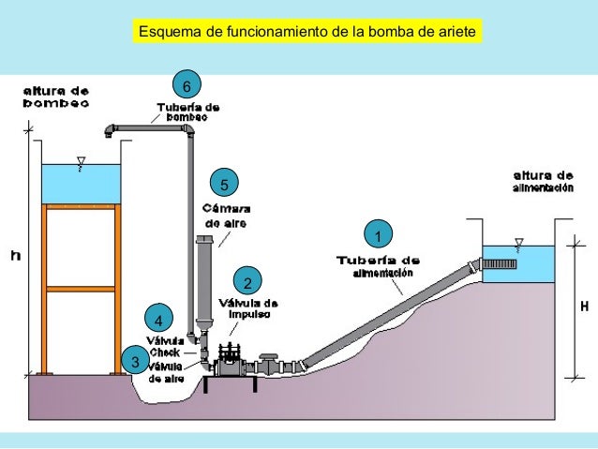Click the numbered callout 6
tap(187, 87)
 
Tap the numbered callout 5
tap(224, 182)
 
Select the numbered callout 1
tap(378, 233)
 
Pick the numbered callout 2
tap(247, 283)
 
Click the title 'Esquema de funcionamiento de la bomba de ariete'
tap(308, 34)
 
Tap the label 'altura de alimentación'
tap(542, 182)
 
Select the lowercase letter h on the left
tap(15, 254)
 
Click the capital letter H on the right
tap(585, 306)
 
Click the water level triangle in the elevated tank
tap(82, 160)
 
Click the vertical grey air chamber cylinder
tap(204, 281)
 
